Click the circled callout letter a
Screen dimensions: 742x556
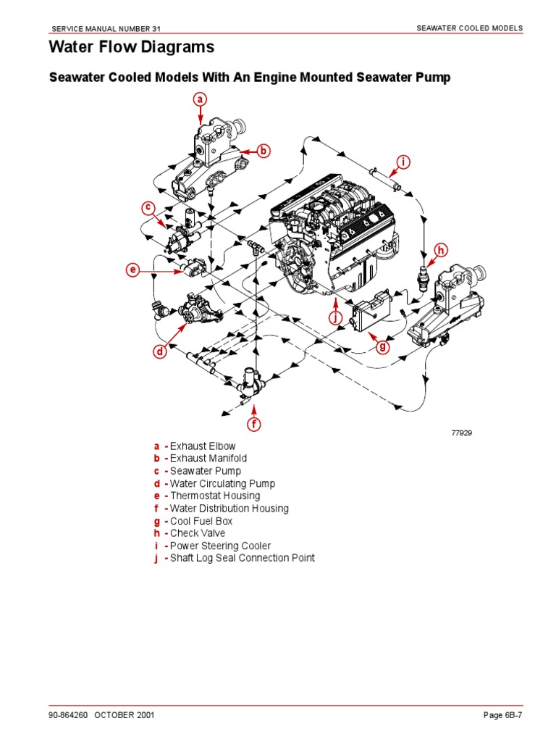coord(201,99)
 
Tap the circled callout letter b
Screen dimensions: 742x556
coord(264,151)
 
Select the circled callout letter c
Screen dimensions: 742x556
coord(148,208)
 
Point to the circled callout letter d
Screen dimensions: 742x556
coord(159,352)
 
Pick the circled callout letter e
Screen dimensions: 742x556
coord(132,271)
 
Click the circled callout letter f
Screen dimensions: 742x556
coord(254,424)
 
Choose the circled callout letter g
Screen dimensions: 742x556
coord(383,347)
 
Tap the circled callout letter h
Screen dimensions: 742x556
coord(440,251)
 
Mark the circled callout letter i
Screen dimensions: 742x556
coord(403,162)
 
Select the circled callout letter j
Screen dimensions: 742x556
coord(334,317)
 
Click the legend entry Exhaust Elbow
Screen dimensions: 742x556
coord(202,446)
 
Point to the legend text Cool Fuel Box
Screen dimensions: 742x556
coord(201,521)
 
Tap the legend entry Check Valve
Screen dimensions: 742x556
coord(198,533)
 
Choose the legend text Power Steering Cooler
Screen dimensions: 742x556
coord(220,546)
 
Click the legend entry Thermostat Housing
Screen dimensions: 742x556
coord(214,496)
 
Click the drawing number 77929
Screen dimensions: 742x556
coord(461,433)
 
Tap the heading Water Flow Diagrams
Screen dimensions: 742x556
coord(131,48)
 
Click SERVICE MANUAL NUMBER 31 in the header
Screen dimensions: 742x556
coord(106,28)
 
